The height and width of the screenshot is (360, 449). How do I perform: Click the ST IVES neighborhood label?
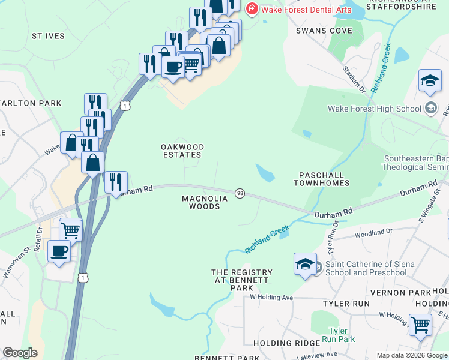[48, 36]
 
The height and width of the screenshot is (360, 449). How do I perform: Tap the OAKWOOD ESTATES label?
[182, 151]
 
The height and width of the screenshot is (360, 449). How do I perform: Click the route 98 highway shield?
[240, 193]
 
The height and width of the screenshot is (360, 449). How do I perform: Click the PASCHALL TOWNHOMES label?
[321, 178]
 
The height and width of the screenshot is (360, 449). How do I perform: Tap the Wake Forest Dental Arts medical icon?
[251, 8]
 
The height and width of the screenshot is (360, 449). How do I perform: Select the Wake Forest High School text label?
[374, 109]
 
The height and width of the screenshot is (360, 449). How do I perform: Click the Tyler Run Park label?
[342, 335]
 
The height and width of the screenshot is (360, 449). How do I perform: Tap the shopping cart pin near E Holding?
[420, 325]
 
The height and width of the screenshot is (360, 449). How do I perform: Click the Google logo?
[20, 353]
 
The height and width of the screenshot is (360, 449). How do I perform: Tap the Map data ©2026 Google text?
[411, 355]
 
